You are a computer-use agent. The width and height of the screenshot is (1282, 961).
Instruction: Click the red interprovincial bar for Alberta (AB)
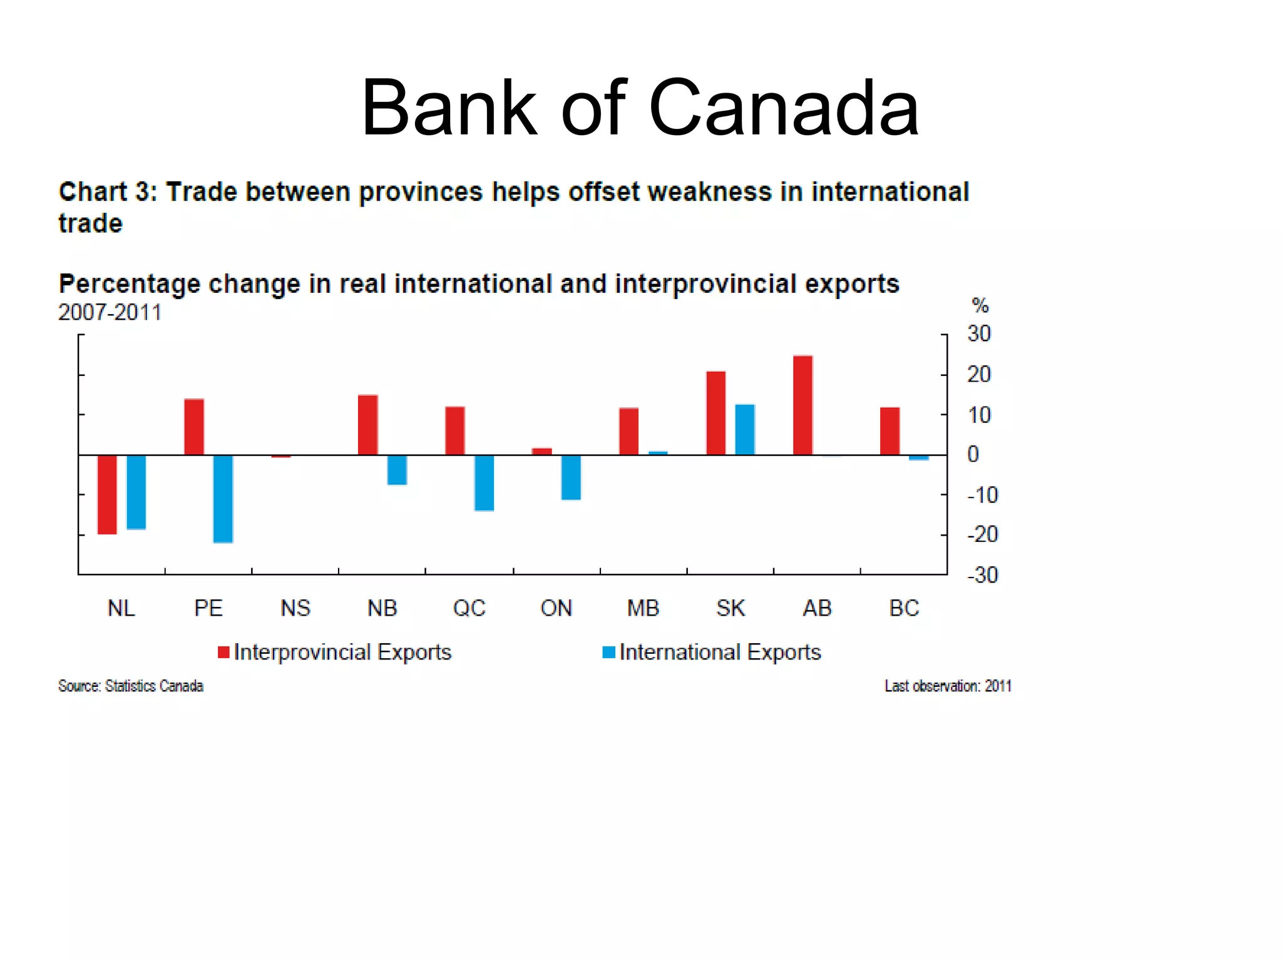[x=803, y=405]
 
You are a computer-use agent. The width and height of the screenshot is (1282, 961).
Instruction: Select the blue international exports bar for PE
[x=223, y=498]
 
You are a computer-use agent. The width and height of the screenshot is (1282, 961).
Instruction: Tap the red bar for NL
[x=107, y=494]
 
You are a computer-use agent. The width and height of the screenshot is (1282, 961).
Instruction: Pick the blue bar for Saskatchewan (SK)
[x=745, y=429]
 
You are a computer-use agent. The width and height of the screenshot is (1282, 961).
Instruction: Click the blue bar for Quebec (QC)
[x=484, y=482]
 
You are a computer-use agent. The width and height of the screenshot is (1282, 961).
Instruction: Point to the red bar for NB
[x=368, y=425]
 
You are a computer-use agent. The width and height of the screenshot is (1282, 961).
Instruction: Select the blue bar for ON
[x=571, y=477]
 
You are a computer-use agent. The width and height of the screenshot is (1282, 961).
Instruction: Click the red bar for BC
[x=890, y=431]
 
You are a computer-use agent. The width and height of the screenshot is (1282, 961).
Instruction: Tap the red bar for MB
[x=628, y=431]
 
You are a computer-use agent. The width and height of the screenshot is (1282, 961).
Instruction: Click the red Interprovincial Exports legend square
[x=223, y=653]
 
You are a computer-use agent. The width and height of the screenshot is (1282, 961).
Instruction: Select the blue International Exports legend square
[x=608, y=653]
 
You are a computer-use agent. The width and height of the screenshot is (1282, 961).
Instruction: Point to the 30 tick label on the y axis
[x=979, y=333]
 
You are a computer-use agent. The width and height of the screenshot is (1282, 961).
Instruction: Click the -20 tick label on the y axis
[x=982, y=534]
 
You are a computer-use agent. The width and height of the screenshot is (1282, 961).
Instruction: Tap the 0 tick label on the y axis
[x=973, y=454]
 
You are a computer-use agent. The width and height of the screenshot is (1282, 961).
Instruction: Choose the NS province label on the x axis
[x=295, y=608]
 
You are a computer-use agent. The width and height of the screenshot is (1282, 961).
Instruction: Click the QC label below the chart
[x=469, y=608]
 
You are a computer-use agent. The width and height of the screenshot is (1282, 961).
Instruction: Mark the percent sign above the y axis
[x=980, y=306]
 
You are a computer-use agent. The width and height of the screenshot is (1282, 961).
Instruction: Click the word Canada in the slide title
[x=784, y=108]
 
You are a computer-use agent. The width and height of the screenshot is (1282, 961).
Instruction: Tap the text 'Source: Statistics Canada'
[x=131, y=686]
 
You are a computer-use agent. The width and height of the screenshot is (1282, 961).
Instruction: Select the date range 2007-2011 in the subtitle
[x=110, y=312]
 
